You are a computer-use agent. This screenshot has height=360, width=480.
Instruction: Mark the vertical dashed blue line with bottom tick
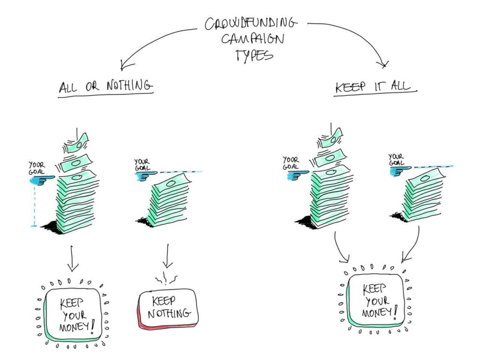pyautogui.click(x=34, y=206)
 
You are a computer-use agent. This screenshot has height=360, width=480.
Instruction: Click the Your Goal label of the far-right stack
pyautogui.click(x=397, y=159)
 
